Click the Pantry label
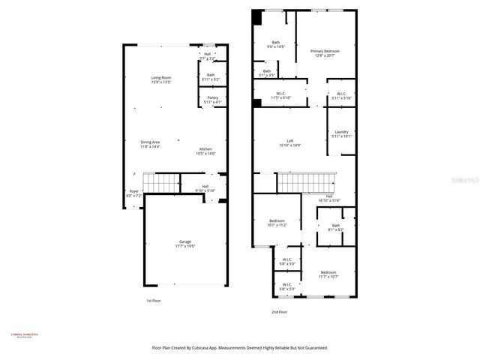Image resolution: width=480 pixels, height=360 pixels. [211, 100]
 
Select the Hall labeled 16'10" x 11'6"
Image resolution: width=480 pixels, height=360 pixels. [328, 198]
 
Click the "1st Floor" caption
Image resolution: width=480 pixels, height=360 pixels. [153, 300]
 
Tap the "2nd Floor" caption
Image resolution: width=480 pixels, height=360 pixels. [280, 311]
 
